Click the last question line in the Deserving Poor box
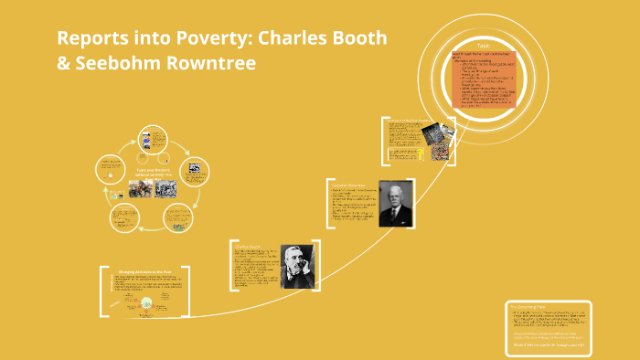pos(547,344)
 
